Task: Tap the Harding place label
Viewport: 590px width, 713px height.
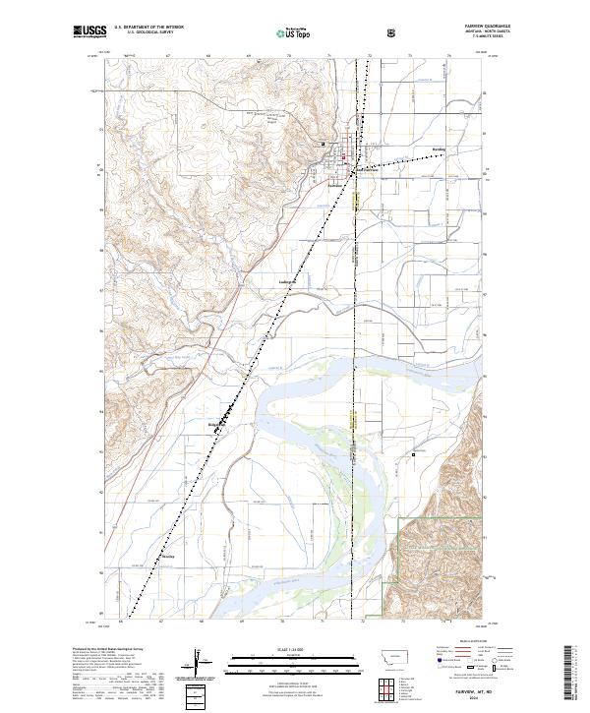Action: point(439,150)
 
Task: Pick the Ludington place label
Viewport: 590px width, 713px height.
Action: point(288,279)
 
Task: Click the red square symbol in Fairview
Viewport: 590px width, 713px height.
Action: point(341,154)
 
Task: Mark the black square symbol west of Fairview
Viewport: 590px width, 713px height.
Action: point(324,146)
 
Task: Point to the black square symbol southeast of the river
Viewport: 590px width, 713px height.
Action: point(413,454)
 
